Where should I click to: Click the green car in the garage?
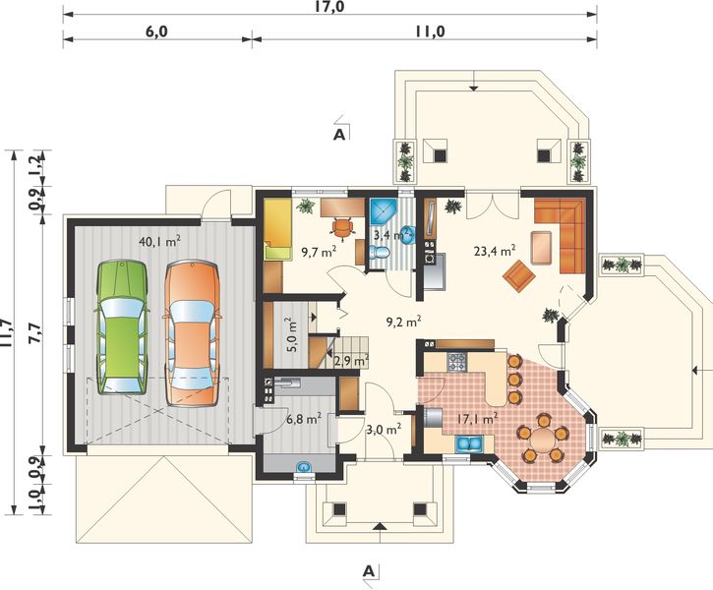122,326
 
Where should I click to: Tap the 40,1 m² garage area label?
159,241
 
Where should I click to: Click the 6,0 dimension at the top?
157,31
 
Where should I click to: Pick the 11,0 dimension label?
430,31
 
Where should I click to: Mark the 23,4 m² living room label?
495,251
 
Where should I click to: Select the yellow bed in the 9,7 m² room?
277,228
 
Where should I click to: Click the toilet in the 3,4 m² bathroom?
379,253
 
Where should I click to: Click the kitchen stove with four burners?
457,362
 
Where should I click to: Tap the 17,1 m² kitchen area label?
476,418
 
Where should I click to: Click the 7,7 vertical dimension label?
35,334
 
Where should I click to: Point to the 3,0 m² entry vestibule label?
384,428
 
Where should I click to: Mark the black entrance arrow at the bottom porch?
380,526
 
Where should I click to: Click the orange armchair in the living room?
518,275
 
